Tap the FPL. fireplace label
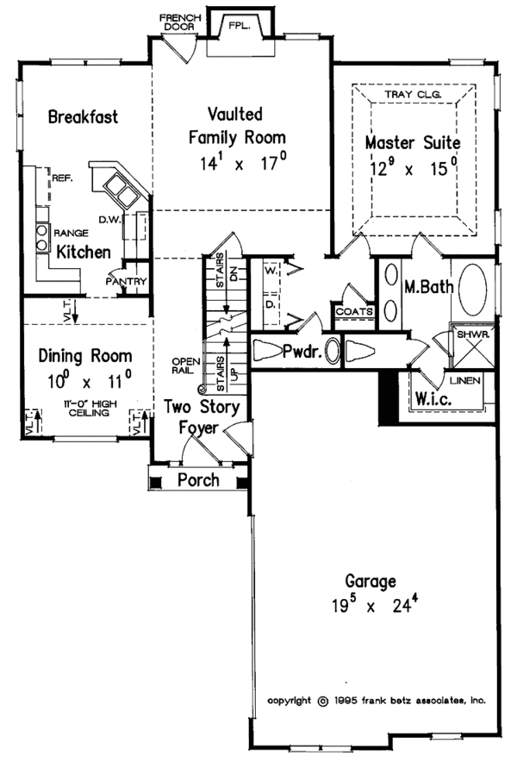click(x=238, y=27)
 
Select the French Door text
click(x=179, y=22)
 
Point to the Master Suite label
click(x=412, y=142)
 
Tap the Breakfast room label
click(x=83, y=117)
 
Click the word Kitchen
click(x=84, y=253)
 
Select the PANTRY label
click(x=127, y=282)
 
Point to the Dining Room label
click(x=86, y=356)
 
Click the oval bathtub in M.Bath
click(x=473, y=290)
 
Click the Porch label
click(x=198, y=480)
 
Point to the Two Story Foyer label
click(x=203, y=416)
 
